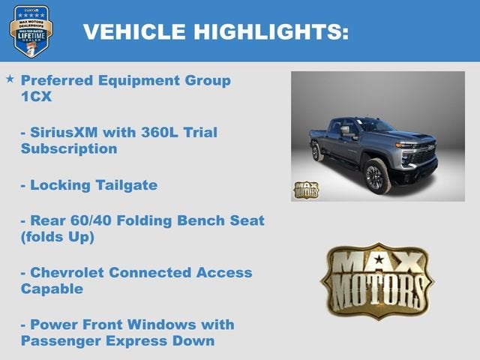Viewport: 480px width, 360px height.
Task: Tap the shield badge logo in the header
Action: (x=31, y=31)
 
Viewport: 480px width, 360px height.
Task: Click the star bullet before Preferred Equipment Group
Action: (x=10, y=79)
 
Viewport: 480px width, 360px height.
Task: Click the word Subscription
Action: (x=69, y=148)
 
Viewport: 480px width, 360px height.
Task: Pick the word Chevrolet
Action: (x=64, y=273)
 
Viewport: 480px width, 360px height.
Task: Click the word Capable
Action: (x=52, y=289)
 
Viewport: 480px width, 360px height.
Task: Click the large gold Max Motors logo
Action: (x=377, y=280)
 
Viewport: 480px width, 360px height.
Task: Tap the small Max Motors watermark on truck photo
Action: (x=306, y=189)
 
